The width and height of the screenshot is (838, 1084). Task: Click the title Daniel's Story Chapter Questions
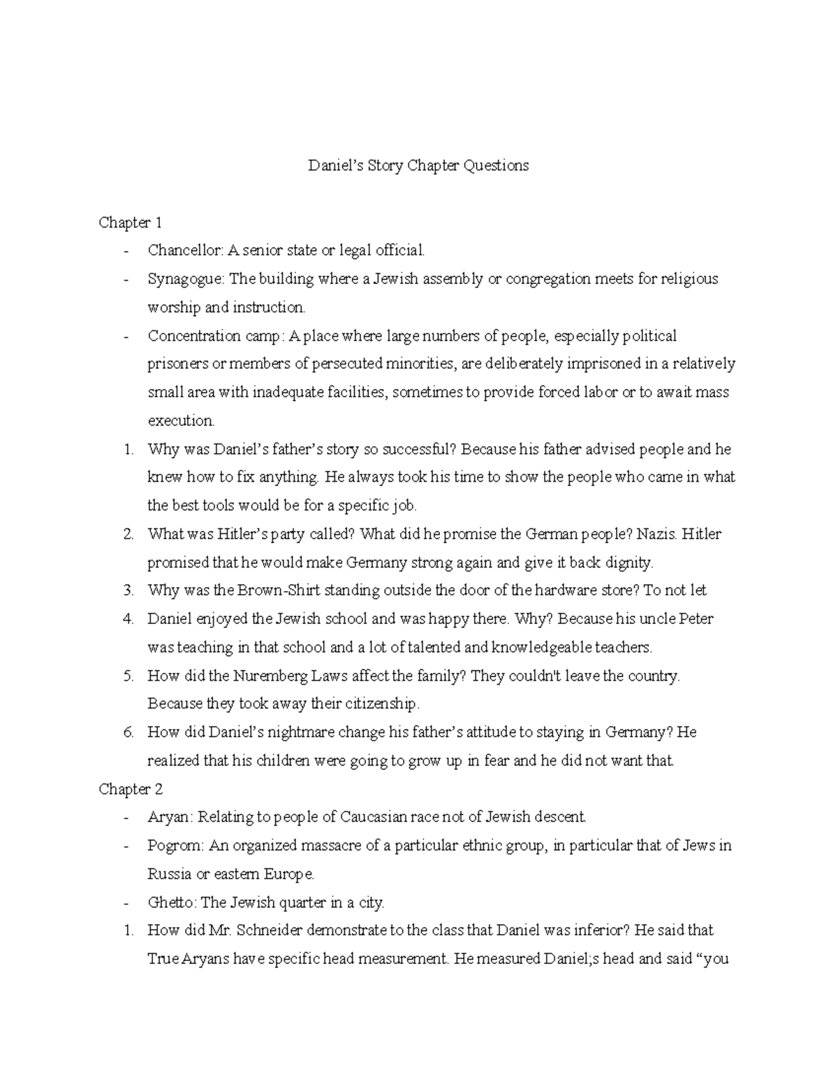tap(419, 166)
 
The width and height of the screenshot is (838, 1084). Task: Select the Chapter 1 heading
tap(131, 223)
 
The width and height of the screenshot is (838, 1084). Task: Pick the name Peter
tap(697, 619)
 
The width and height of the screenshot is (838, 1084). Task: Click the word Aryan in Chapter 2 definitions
tap(166, 817)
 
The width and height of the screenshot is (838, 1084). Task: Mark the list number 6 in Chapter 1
tap(128, 733)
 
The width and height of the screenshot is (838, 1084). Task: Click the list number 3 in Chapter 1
tap(128, 591)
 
